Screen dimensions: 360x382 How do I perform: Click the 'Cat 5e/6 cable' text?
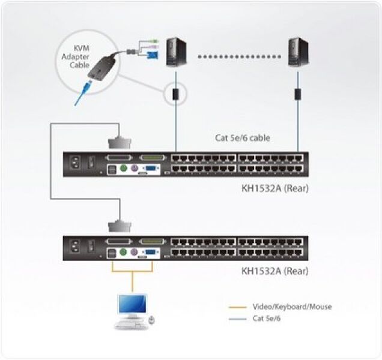coord(242,138)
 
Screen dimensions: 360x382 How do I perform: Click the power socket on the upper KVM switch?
coord(75,163)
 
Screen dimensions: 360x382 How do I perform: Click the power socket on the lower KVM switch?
coord(75,246)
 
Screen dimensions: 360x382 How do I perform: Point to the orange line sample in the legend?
coord(238,307)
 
